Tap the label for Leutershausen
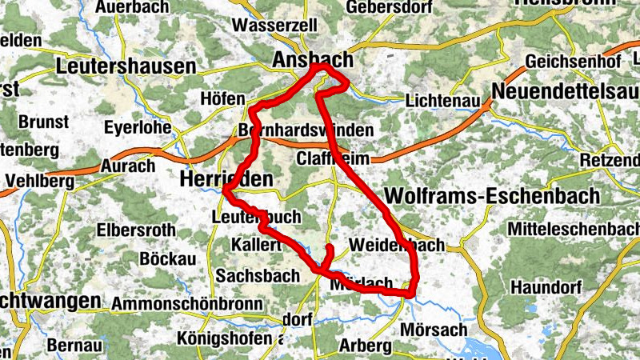tap(126, 66)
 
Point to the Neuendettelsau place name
tap(565, 91)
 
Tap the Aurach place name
tap(128, 166)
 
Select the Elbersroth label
tap(135, 230)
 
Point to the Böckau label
tap(167, 259)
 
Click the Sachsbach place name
tap(249, 275)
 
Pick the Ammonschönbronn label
tap(187, 304)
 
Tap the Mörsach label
tap(434, 330)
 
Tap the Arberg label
tap(366, 346)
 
